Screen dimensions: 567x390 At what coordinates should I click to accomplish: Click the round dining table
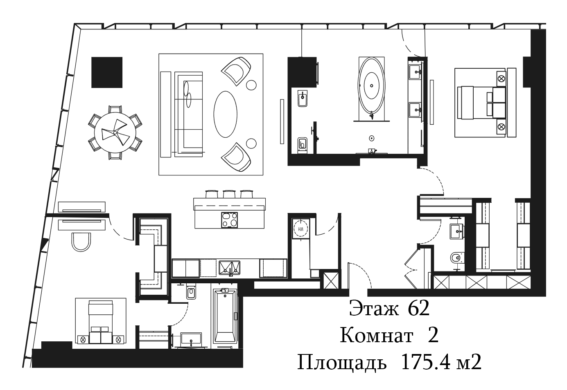[115, 132]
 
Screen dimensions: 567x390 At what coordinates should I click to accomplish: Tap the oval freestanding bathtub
[371, 86]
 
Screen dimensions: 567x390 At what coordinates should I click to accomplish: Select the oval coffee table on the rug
[225, 114]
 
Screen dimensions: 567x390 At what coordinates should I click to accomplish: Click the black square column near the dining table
[107, 72]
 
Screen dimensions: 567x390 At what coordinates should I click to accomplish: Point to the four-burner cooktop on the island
[230, 220]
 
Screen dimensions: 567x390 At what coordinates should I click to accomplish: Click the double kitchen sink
[229, 268]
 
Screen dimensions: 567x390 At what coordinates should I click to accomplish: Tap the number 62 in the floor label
[419, 309]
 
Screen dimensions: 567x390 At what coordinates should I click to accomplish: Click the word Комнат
[376, 336]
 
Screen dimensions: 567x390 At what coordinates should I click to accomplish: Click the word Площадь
[342, 363]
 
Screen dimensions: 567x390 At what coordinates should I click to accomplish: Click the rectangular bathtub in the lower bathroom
[225, 316]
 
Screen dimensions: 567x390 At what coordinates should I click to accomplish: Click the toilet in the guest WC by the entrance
[458, 258]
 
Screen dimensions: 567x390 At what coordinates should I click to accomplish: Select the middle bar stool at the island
[229, 194]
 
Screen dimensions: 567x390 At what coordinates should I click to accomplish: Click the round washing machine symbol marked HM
[301, 229]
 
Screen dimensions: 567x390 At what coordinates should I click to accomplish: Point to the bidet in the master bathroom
[303, 99]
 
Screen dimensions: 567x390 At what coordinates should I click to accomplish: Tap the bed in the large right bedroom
[482, 102]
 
